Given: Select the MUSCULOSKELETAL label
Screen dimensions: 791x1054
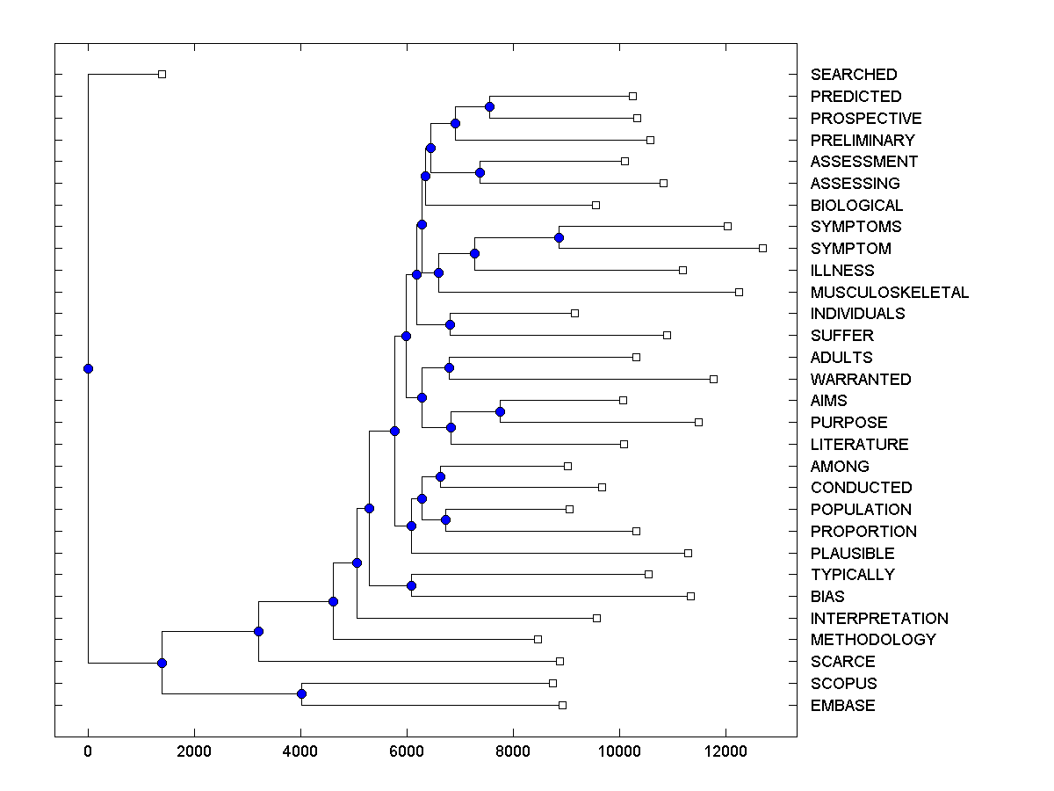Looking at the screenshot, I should tap(889, 292).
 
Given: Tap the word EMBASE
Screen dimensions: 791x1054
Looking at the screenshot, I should tap(842, 705).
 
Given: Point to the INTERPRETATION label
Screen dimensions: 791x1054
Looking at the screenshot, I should tap(878, 618).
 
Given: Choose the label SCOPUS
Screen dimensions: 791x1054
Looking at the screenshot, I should tap(843, 683).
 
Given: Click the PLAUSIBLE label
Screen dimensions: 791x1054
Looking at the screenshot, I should tap(852, 553).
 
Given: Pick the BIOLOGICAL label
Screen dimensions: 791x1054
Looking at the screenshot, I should tap(856, 205).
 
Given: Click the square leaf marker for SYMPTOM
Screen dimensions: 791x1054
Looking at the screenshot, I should tap(762, 248).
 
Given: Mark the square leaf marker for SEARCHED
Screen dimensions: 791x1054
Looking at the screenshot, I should tap(162, 74).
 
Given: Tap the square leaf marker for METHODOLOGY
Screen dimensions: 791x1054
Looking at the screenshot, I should tap(538, 639).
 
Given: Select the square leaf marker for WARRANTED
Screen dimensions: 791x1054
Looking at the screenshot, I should tap(713, 379).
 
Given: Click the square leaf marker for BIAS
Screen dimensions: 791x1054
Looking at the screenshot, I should tap(690, 596).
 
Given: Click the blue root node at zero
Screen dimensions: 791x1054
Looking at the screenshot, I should tap(88, 368).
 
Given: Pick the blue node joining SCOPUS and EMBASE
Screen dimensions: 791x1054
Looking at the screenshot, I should tap(301, 694).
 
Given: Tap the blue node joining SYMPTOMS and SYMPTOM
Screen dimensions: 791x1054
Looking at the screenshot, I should tap(559, 237).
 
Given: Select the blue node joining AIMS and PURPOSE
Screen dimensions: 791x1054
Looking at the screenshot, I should tap(500, 411).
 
